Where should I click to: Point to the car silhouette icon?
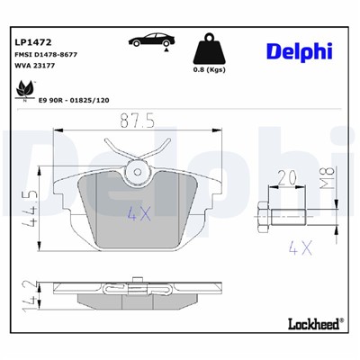tap(149, 40)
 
